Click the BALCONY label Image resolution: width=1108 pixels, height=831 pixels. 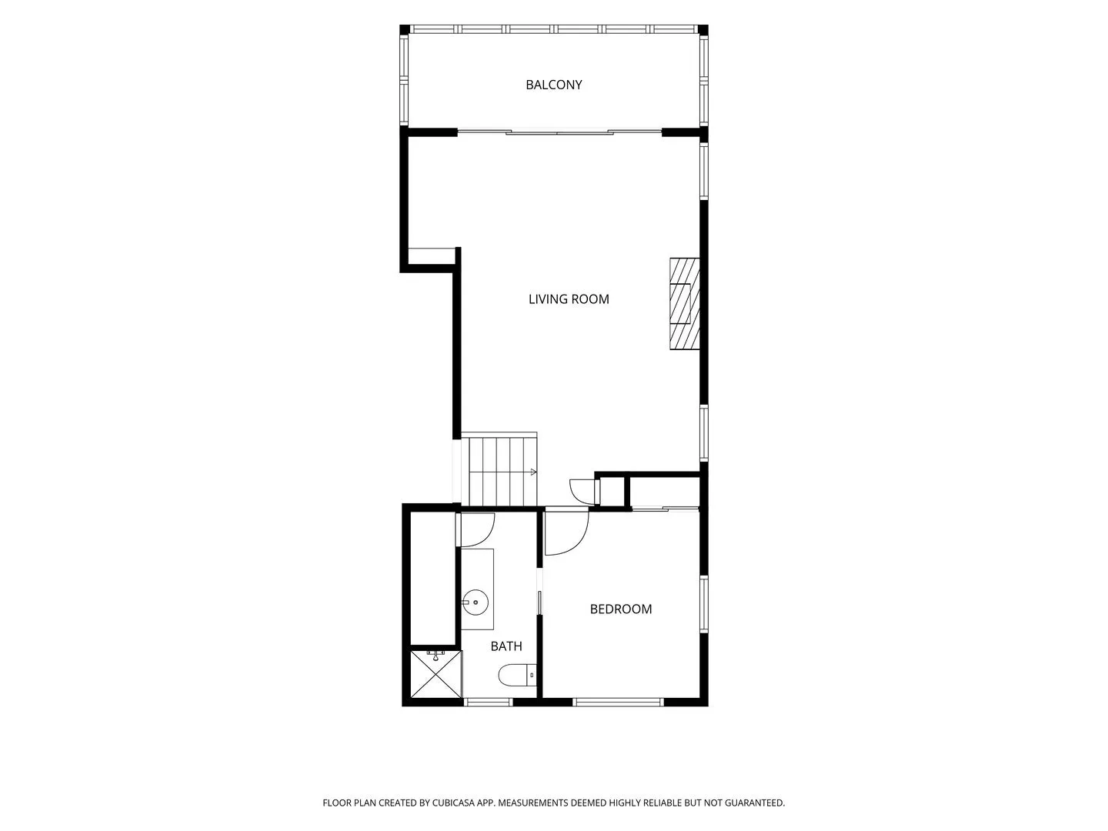coord(554,85)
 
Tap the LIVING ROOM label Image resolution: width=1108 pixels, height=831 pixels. coord(569,299)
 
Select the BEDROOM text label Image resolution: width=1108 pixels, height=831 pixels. coord(620,609)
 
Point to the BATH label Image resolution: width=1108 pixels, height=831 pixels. coord(506,646)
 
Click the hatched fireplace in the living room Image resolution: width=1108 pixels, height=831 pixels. coord(685,303)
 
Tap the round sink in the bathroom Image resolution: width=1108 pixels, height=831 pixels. coord(475,602)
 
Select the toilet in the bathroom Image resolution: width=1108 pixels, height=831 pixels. coord(517,675)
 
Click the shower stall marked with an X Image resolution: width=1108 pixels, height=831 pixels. coord(436,675)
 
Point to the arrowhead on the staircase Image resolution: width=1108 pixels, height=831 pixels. coord(533,472)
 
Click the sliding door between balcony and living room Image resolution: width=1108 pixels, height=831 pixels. coord(559,132)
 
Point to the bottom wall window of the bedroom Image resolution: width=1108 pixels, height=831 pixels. coord(618,702)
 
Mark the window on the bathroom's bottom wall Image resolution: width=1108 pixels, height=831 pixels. coord(488,702)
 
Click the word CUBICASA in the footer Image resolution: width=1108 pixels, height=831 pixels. coord(453,803)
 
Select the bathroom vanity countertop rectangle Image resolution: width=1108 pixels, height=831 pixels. coord(477,589)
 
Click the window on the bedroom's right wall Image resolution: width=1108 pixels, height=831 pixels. coord(704,605)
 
